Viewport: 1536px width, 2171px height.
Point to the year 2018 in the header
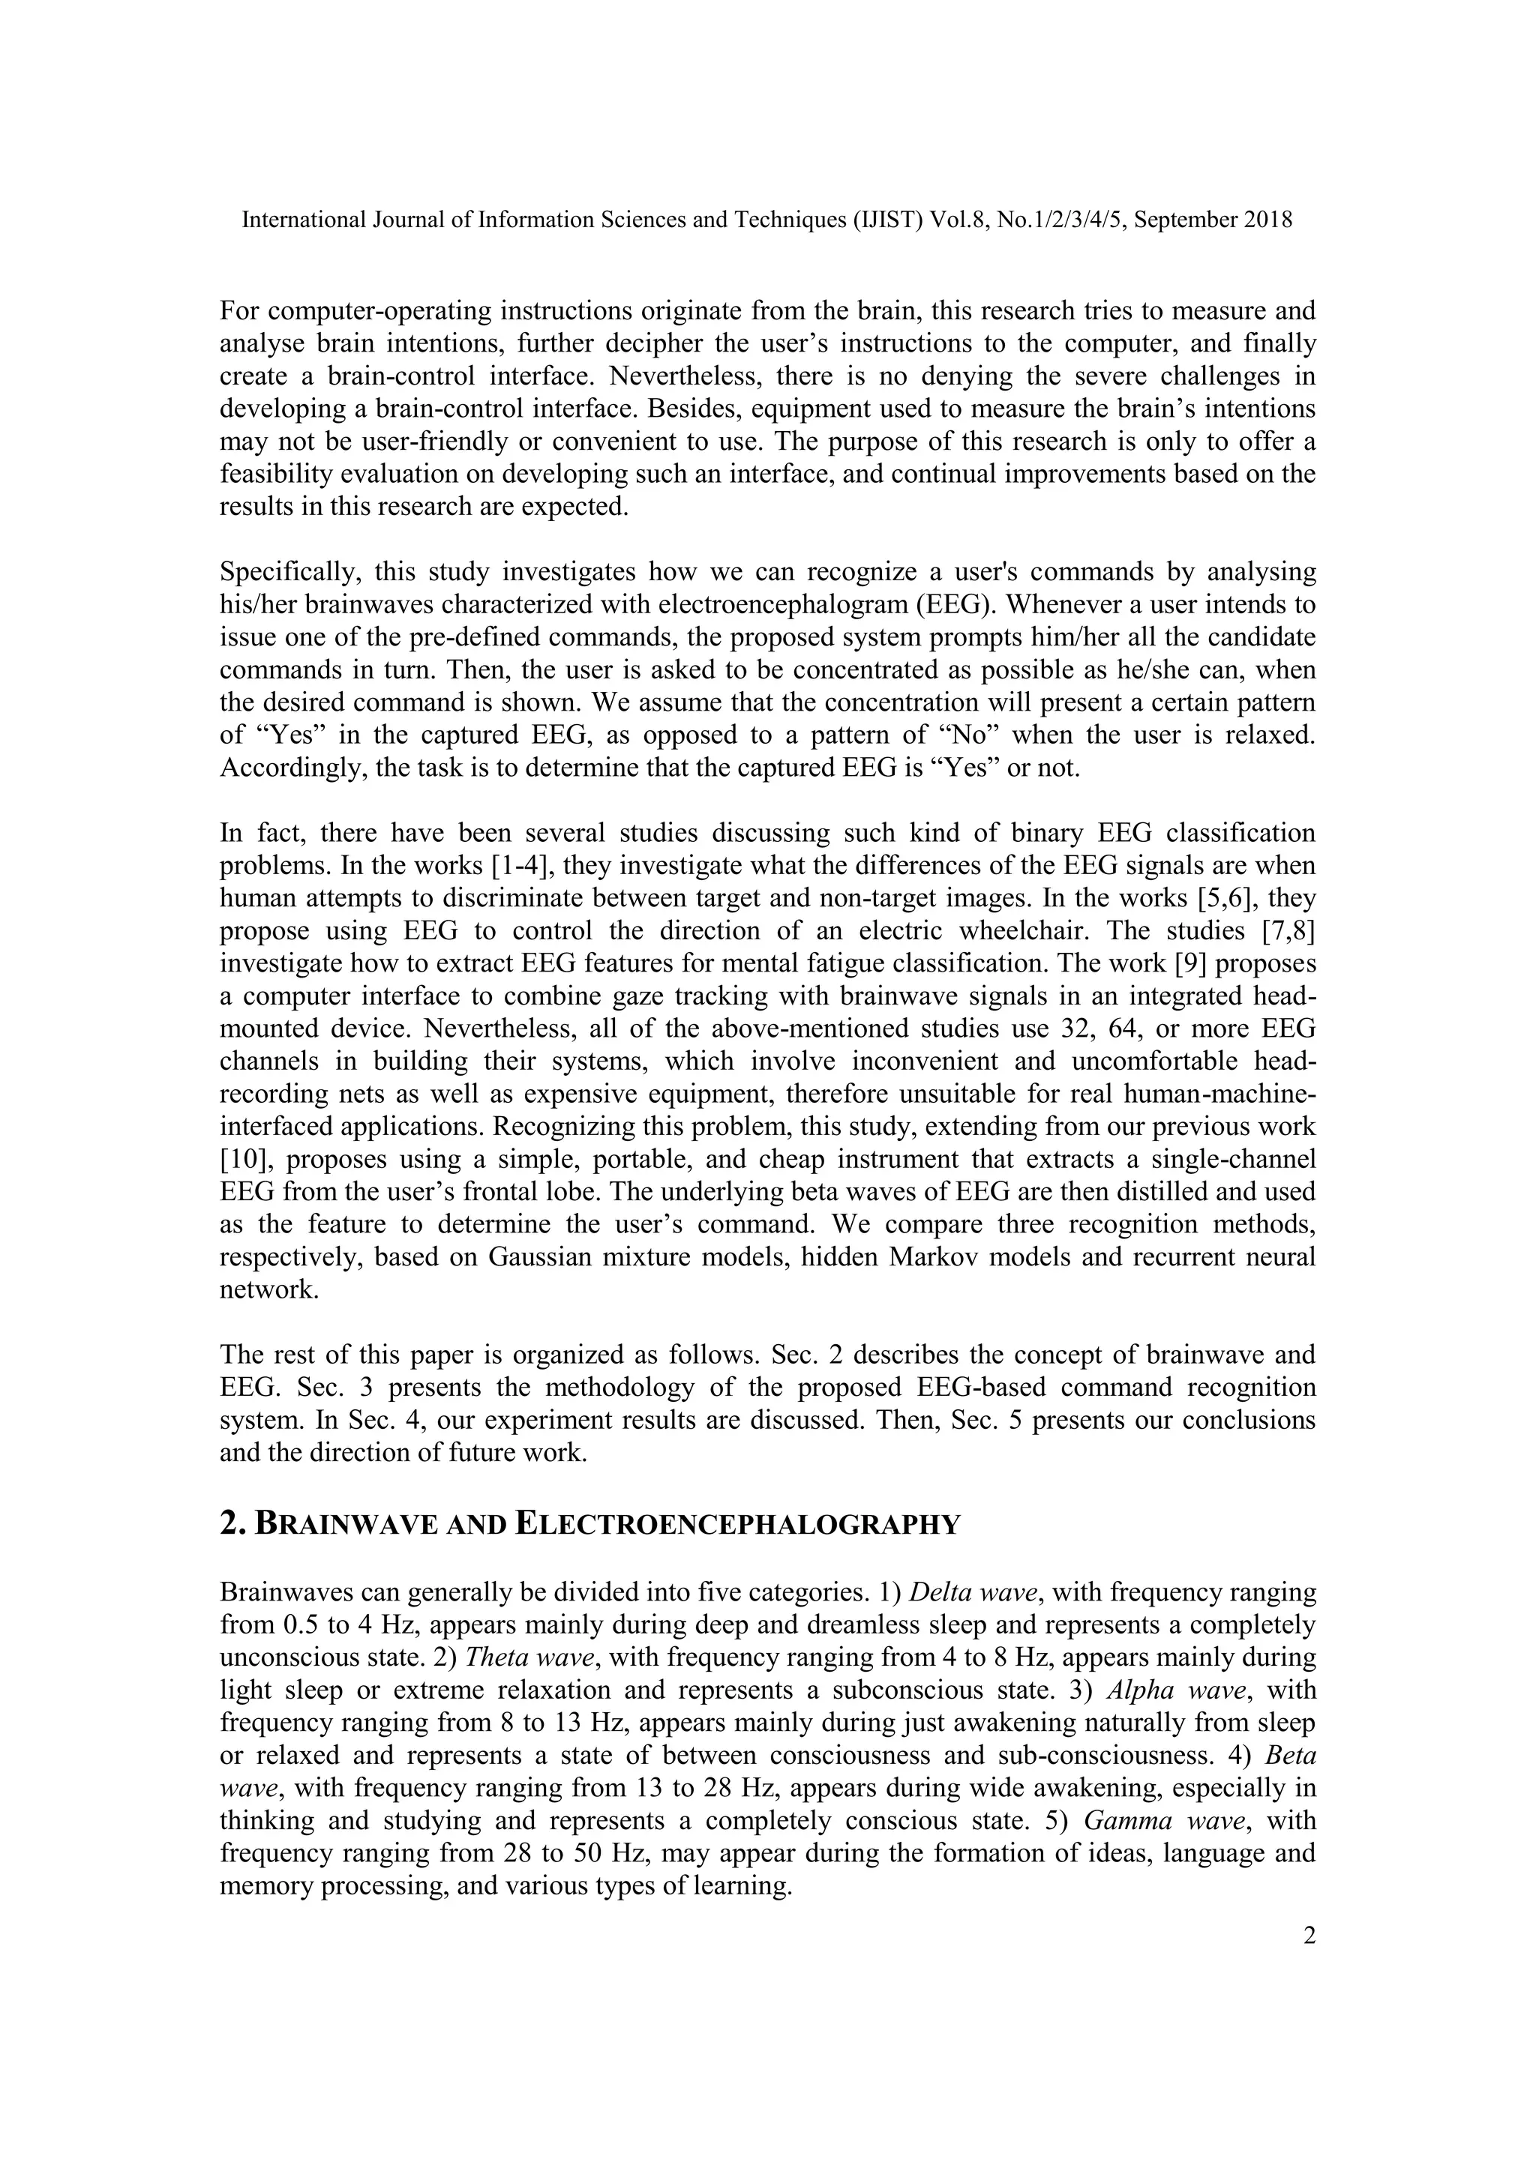point(1267,220)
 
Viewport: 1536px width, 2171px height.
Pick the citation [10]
point(242,1159)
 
